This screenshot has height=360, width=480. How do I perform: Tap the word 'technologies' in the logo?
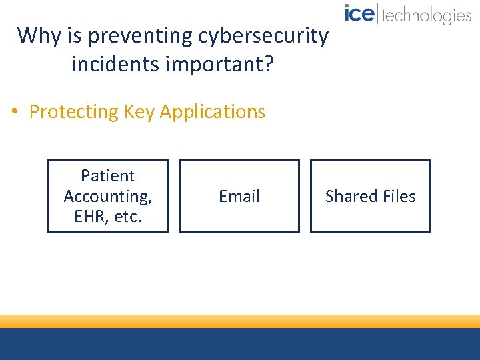[427, 15]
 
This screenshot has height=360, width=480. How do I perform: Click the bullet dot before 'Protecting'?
[15, 112]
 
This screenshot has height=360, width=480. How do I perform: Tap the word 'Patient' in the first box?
[107, 176]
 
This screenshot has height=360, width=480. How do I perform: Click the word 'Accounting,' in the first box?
[107, 196]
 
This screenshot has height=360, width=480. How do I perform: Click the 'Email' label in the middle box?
[239, 196]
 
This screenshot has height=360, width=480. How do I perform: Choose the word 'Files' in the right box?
[399, 196]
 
